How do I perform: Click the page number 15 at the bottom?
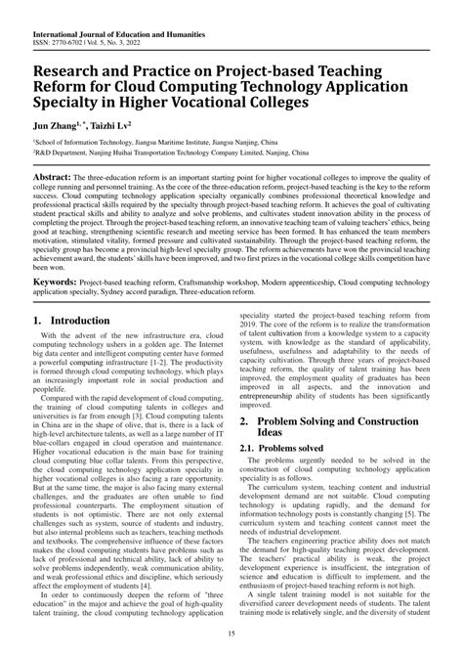pyautogui.click(x=231, y=641)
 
